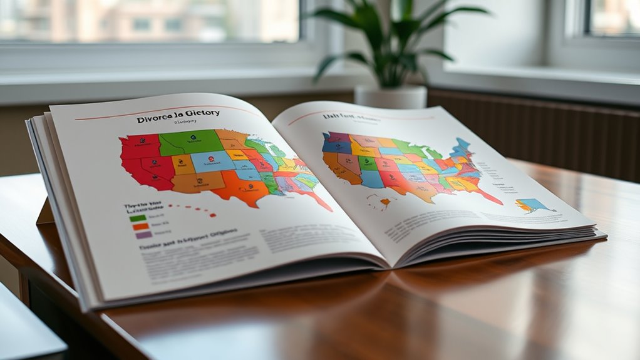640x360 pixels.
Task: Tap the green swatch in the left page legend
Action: tap(138, 218)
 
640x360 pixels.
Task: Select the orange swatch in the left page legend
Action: tap(140, 227)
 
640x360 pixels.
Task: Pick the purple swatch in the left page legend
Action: tap(143, 235)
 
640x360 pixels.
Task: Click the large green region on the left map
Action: tap(191, 142)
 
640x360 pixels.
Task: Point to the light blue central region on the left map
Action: tap(212, 162)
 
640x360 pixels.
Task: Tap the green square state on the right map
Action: tap(368, 164)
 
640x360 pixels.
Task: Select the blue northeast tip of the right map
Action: tap(463, 146)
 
